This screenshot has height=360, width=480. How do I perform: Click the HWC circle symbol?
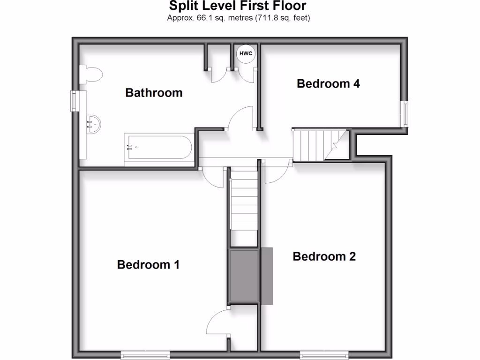(246, 53)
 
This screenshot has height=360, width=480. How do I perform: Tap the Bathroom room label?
(154, 93)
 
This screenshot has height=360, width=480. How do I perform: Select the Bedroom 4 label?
(329, 84)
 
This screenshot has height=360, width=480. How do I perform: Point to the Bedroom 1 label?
(148, 265)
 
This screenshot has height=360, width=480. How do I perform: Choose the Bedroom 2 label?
(324, 256)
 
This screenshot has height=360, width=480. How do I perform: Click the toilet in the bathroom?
(91, 75)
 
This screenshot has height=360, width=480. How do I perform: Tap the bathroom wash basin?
(92, 124)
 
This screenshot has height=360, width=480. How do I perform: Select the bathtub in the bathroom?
(158, 147)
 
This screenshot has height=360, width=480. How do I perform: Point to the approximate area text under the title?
(239, 18)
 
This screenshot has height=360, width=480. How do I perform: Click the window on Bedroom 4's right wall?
(404, 113)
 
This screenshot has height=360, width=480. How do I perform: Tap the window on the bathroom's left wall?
(74, 101)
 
